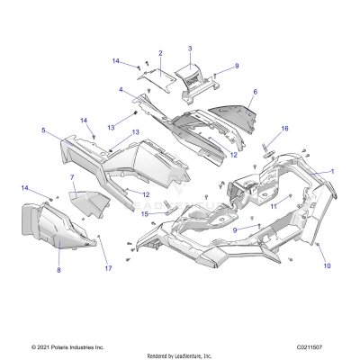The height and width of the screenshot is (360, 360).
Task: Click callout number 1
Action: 331,171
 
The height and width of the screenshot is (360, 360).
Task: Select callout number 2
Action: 160,53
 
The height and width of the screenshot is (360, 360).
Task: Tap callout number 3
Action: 190,47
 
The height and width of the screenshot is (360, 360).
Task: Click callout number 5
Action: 43,130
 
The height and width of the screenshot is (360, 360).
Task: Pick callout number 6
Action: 255,92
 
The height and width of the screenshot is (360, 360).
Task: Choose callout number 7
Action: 72,178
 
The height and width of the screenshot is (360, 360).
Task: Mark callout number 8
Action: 59,269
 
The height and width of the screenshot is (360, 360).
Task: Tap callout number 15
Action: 144,213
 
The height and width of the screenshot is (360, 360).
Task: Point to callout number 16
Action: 284,129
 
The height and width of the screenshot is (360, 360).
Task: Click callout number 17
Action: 107,269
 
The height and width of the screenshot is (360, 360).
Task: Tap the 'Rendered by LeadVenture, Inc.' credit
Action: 180,355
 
